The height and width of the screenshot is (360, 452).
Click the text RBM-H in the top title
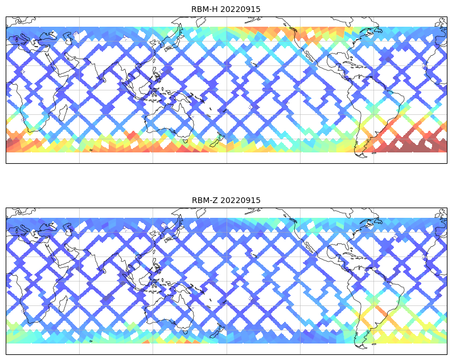(x=204, y=9)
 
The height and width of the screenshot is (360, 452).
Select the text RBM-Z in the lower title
(x=204, y=200)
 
